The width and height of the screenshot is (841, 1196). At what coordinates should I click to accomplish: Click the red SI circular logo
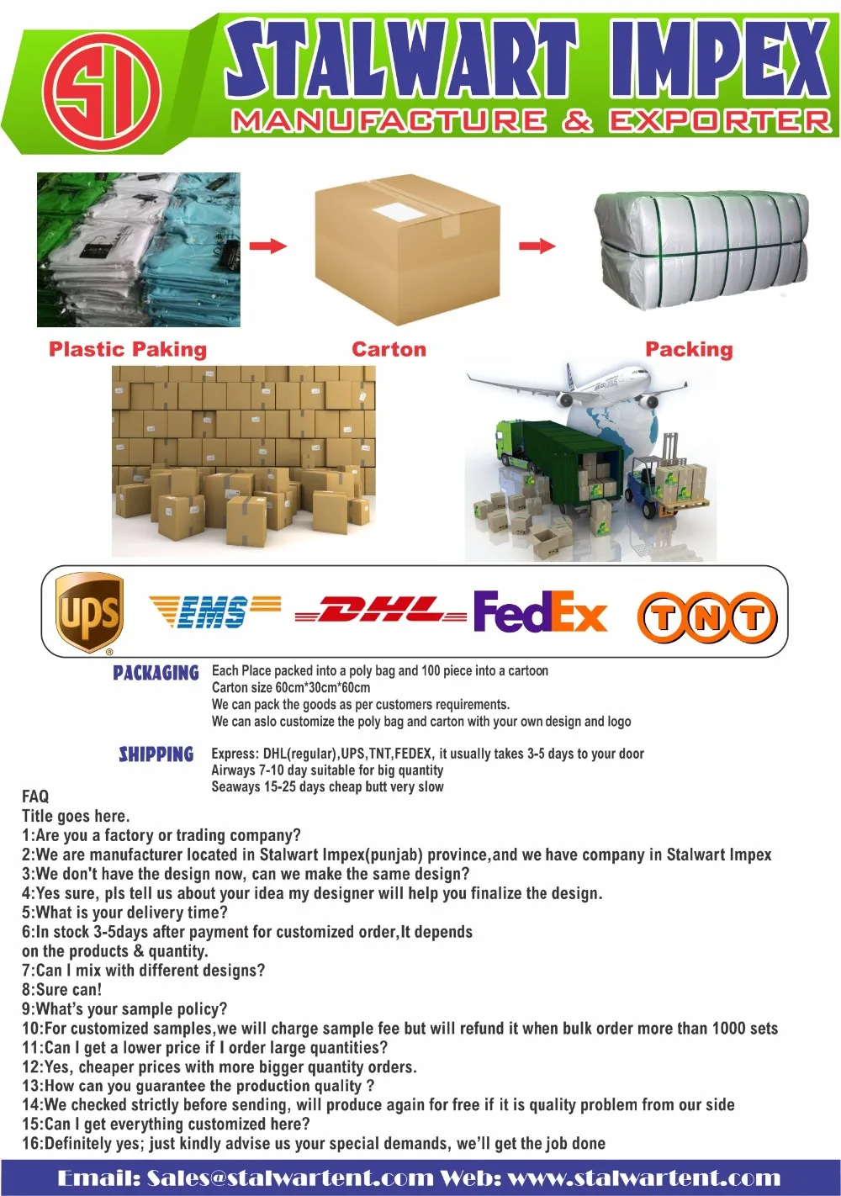coord(100,87)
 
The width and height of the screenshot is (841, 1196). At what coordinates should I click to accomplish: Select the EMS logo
coord(214,611)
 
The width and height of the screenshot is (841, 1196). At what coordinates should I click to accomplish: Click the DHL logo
coord(380,611)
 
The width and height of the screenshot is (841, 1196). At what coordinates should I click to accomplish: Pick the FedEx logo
coord(539,611)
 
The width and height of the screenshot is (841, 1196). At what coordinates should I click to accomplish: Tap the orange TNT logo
coord(707,617)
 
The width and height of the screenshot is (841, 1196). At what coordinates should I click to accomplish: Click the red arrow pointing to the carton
coord(268,246)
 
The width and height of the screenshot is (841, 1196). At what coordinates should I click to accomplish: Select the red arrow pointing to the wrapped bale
coord(537,246)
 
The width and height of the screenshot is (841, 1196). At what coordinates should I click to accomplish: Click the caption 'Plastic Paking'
coord(128,350)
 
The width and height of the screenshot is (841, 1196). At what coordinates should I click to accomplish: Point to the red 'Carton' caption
coord(389,350)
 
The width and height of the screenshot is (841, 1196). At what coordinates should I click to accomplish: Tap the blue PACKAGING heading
coord(156,673)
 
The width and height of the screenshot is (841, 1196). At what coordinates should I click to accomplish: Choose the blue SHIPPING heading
coord(156,754)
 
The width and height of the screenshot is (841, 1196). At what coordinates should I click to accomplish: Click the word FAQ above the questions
coord(35,796)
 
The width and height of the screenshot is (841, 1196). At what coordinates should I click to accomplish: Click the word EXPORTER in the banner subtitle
coord(720,122)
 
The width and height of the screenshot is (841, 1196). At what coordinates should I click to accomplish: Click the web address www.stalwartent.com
coord(644,1178)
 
